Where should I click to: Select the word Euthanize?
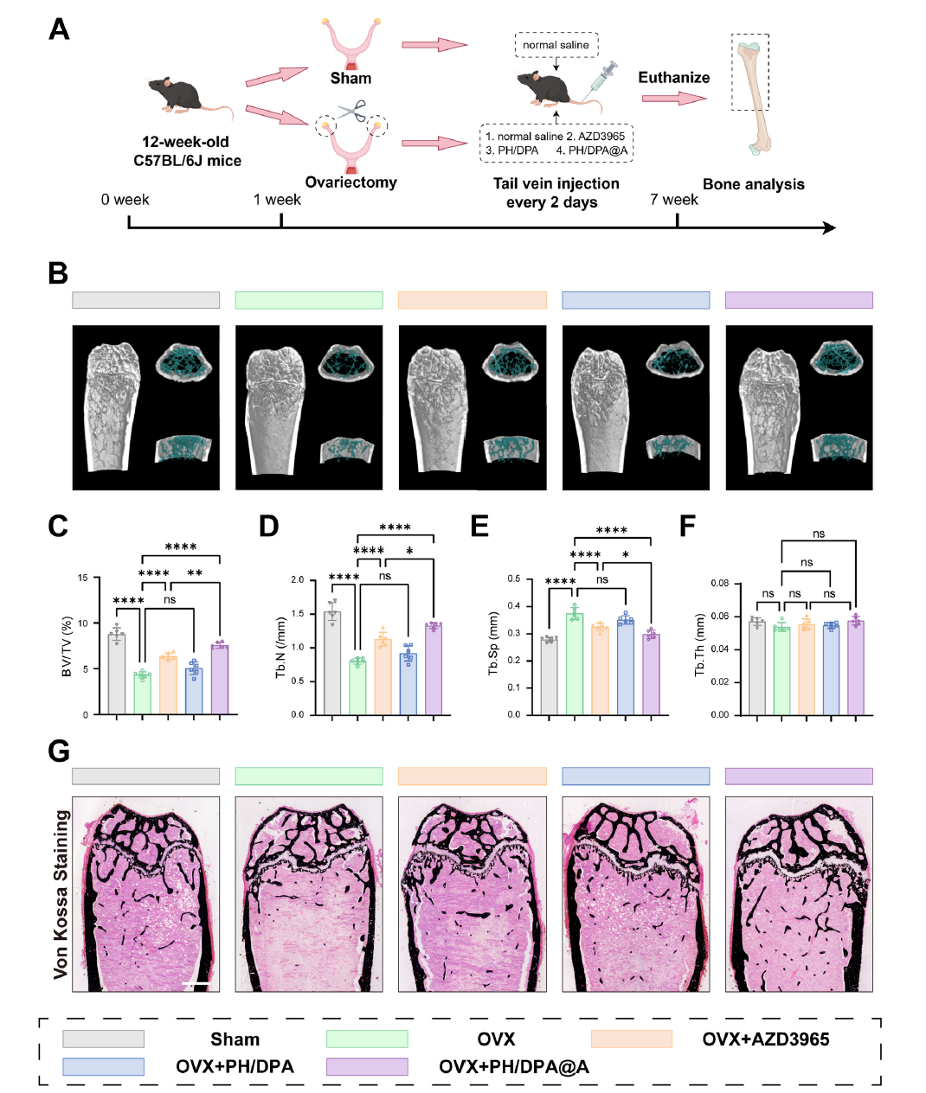click(673, 78)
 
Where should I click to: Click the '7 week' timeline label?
click(674, 200)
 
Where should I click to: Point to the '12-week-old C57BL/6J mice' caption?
click(187, 151)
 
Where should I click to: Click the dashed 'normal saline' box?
click(556, 45)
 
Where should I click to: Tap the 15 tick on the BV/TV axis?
click(83, 578)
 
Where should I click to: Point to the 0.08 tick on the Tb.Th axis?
click(719, 584)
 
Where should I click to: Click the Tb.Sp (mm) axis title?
click(493, 643)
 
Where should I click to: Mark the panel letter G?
click(59, 751)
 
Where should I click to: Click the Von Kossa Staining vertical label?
click(61, 894)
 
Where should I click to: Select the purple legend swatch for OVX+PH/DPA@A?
click(366, 1067)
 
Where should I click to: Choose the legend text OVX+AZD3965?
click(765, 1039)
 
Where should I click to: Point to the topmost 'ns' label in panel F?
click(819, 534)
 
